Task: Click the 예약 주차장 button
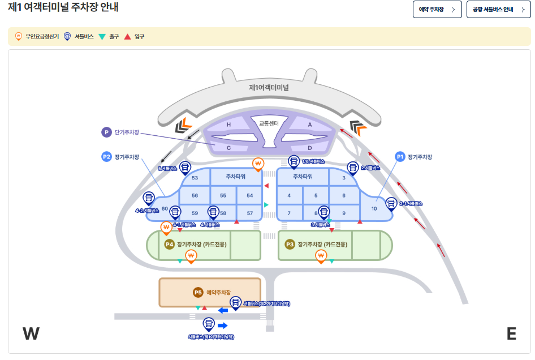point(437,10)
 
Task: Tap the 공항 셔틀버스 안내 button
point(498,10)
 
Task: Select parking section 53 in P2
point(195,178)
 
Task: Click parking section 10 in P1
point(374,208)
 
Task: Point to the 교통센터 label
point(269,123)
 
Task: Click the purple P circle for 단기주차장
point(106,132)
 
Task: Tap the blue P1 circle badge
point(400,157)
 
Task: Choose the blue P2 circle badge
point(107,157)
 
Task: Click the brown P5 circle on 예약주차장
point(198,292)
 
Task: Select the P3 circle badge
point(290,244)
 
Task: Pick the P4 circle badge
point(169,244)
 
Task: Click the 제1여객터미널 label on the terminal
point(269,88)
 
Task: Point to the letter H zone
point(229,125)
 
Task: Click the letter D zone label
point(309,148)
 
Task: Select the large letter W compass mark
point(31,333)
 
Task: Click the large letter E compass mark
point(511,334)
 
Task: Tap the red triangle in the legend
point(127,37)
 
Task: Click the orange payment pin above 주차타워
point(258,164)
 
